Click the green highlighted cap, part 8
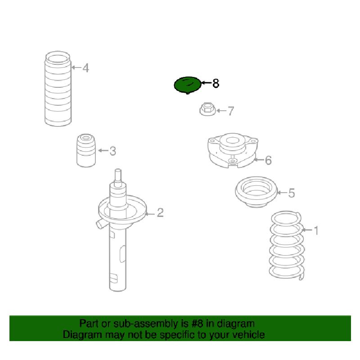click(188, 85)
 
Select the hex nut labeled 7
click(207, 109)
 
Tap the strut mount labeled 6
click(233, 150)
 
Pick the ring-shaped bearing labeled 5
click(256, 192)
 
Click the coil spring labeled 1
click(287, 245)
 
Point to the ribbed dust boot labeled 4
click(58, 89)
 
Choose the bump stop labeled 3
click(86, 150)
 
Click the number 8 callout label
click(216, 83)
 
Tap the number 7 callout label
click(230, 111)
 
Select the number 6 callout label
click(268, 160)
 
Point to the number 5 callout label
click(291, 193)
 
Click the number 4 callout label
click(85, 68)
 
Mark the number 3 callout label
click(112, 151)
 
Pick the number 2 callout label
click(160, 212)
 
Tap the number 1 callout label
click(316, 230)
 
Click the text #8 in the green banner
click(197, 324)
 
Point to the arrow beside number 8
click(206, 83)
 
